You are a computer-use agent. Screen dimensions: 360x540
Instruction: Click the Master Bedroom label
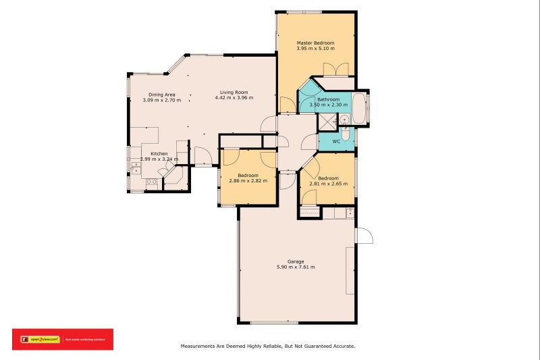click(x=315, y=43)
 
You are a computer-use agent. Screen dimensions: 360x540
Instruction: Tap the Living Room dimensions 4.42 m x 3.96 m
click(x=234, y=98)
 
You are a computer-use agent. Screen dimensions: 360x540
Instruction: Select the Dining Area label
click(x=162, y=95)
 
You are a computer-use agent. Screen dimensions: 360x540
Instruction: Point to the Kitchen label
click(x=159, y=154)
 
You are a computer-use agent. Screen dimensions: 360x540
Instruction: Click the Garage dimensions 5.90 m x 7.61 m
click(x=296, y=267)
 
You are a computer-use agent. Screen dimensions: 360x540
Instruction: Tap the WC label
click(x=336, y=141)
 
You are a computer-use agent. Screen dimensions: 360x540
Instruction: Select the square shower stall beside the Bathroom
click(x=327, y=122)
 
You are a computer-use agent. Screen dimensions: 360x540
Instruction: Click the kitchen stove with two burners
click(x=152, y=182)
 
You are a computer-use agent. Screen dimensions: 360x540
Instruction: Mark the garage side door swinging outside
click(x=364, y=235)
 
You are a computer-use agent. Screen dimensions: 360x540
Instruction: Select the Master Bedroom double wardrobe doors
click(x=335, y=70)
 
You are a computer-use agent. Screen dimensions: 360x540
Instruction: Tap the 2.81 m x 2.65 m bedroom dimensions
click(x=329, y=183)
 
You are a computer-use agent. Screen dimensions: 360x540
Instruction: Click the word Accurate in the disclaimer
click(x=342, y=346)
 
